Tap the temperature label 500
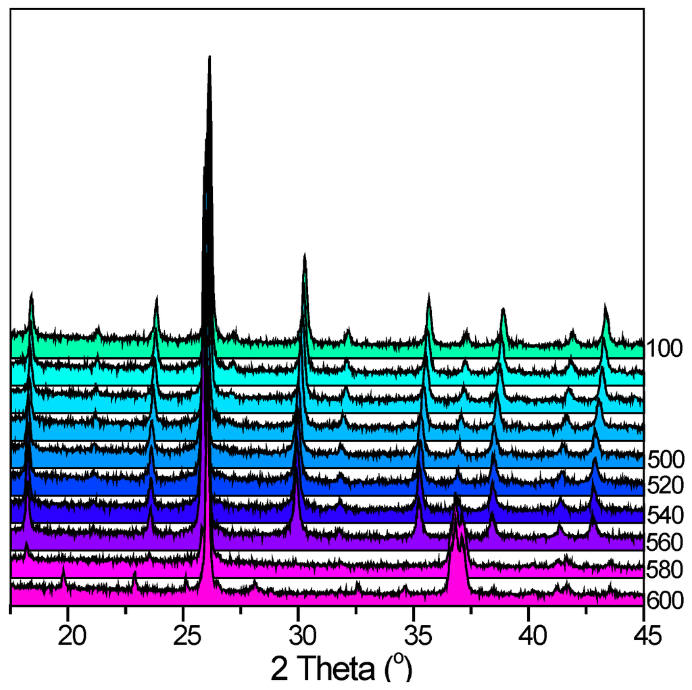point(666,460)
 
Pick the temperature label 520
point(666,485)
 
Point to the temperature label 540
point(666,515)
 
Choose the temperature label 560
point(666,543)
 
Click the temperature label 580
point(666,570)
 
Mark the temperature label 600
point(666,599)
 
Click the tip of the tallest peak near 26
point(209,57)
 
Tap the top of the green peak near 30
point(305,255)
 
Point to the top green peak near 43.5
point(605,306)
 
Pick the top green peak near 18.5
point(32,295)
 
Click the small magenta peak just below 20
point(64,569)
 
